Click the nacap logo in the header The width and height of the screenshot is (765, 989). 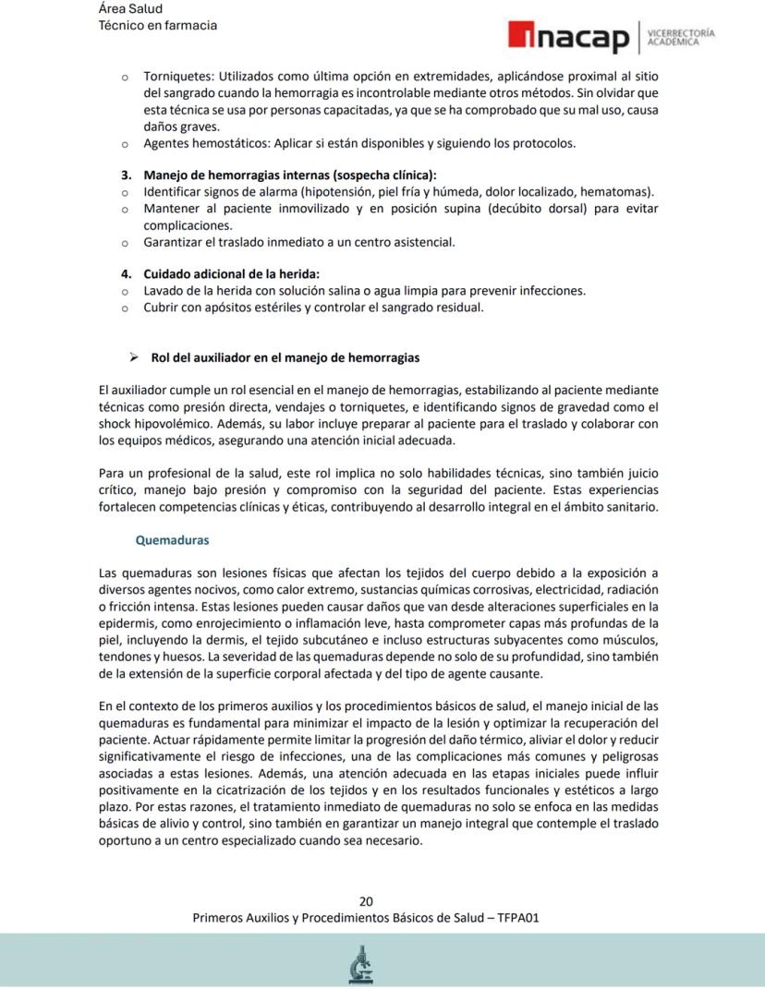pos(567,37)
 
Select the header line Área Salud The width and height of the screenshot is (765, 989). pos(129,9)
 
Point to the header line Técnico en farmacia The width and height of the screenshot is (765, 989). pos(158,26)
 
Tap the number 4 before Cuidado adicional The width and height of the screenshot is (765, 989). pos(126,273)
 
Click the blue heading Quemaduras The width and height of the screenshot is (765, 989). pos(172,540)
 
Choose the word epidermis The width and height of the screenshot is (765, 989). pos(127,622)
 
